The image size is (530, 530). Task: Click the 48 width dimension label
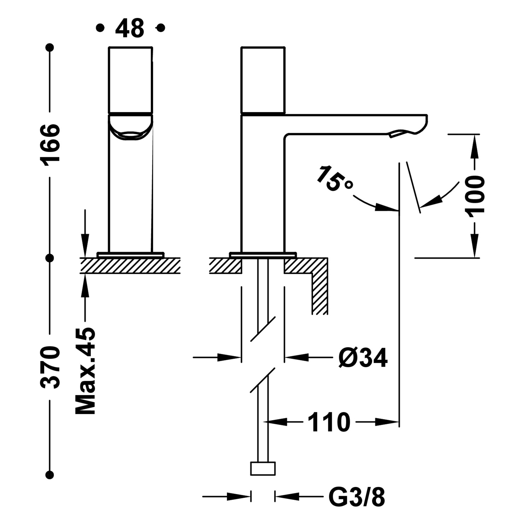click(129, 28)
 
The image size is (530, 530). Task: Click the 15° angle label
click(334, 179)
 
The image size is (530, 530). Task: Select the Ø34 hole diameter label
click(363, 358)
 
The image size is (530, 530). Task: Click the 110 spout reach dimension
click(329, 422)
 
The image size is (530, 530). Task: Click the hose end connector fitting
click(263, 469)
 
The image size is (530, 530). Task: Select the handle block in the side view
click(263, 81)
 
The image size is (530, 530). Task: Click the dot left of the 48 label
click(101, 28)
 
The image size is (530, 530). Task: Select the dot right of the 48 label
click(161, 28)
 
